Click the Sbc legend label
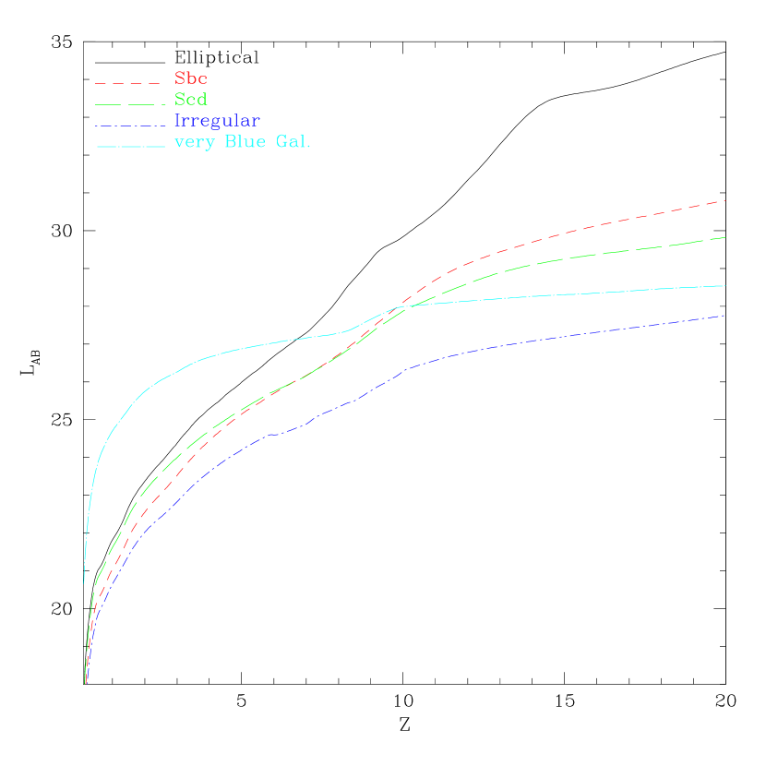(x=190, y=78)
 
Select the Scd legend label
(x=191, y=100)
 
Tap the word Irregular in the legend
(x=217, y=121)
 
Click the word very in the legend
(x=193, y=143)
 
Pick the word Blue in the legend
(x=243, y=142)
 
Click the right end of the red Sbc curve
(x=725, y=200)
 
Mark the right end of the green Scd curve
(x=725, y=237)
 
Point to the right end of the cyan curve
(x=725, y=286)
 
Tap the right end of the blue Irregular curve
(x=725, y=316)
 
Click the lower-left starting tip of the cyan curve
(x=84, y=582)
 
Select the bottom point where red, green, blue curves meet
(x=85, y=682)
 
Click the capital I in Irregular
(x=178, y=121)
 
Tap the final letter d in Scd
(x=202, y=100)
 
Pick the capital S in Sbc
(x=179, y=78)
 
